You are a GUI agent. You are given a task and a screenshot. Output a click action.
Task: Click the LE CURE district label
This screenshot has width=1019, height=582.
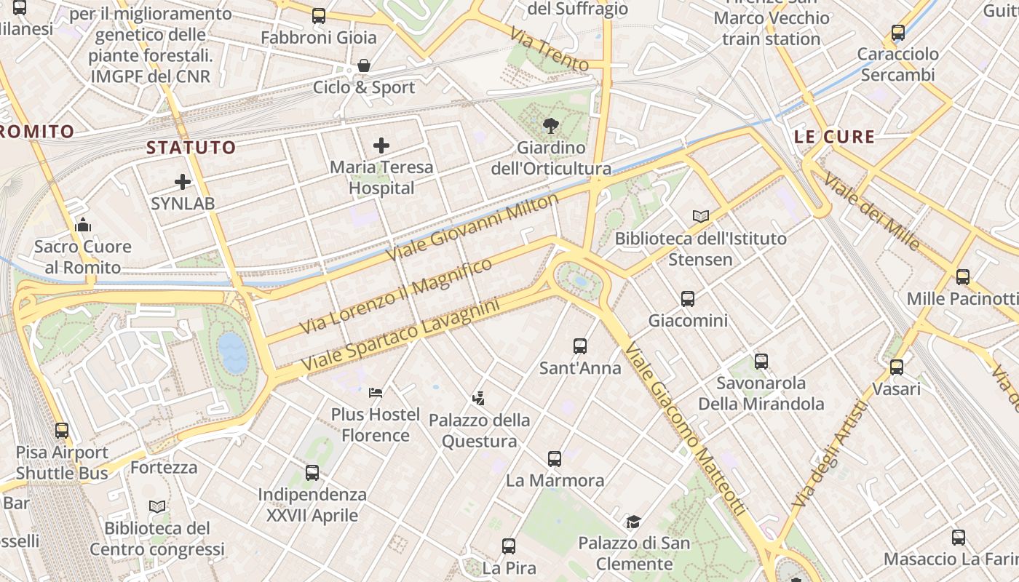click(x=834, y=136)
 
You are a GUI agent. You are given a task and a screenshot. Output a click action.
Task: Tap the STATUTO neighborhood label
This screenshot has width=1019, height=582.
click(x=191, y=148)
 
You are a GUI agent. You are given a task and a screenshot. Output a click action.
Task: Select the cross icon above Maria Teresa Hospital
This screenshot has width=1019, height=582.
click(x=381, y=145)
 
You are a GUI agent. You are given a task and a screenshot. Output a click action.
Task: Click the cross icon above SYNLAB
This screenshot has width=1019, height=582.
click(x=182, y=182)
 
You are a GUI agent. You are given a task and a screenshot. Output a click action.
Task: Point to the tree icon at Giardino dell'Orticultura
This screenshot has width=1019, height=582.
click(x=551, y=126)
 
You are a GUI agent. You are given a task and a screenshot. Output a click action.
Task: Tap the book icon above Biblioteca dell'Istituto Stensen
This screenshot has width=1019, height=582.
click(x=700, y=217)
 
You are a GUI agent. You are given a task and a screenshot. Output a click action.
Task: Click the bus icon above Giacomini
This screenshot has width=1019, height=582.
click(x=687, y=298)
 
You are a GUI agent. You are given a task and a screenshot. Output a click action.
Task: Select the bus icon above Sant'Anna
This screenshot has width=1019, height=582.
click(x=579, y=346)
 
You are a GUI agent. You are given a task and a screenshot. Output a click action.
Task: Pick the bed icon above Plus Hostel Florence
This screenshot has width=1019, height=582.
click(x=376, y=393)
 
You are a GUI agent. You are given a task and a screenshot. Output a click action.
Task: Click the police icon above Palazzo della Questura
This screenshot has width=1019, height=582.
click(x=478, y=398)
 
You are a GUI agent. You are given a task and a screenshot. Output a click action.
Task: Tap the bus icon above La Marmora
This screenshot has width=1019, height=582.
click(x=555, y=459)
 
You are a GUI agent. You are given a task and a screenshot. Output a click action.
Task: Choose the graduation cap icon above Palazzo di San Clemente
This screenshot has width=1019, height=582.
click(x=633, y=522)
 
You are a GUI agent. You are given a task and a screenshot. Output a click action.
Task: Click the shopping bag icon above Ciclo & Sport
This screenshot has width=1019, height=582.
click(x=364, y=66)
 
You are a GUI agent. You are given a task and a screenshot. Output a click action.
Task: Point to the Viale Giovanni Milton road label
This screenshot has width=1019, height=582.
click(x=473, y=227)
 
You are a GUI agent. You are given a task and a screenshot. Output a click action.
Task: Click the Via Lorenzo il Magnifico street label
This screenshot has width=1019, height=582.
click(x=396, y=296)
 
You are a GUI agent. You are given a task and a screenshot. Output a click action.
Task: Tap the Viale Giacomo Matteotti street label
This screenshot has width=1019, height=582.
click(x=685, y=429)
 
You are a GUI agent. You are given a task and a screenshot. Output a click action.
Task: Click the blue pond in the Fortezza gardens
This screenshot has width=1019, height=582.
click(x=232, y=352)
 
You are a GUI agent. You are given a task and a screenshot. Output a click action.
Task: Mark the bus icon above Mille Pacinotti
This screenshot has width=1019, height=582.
click(x=962, y=277)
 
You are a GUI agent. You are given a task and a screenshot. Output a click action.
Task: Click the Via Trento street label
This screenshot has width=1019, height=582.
click(x=548, y=49)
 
